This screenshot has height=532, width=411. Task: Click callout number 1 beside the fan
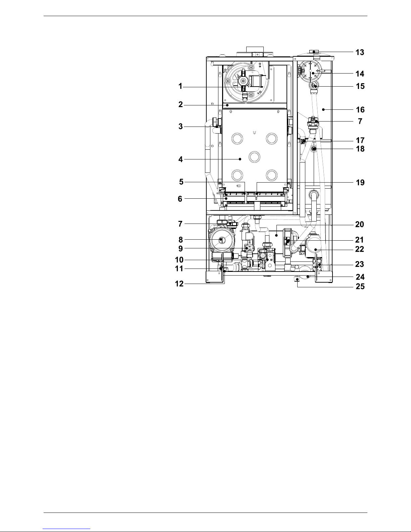tap(180, 86)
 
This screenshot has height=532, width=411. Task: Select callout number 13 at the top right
tap(360, 52)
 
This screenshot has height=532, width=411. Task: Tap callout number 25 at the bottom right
tap(360, 286)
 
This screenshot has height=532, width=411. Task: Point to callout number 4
tap(181, 159)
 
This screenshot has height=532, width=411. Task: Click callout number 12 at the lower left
tap(179, 284)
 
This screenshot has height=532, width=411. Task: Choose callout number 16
tap(360, 110)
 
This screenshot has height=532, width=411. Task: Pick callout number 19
tap(360, 182)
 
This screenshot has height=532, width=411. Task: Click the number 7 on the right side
tap(360, 121)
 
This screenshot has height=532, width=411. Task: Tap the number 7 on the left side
tap(180, 224)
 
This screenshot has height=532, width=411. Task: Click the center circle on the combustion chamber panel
tap(254, 157)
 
